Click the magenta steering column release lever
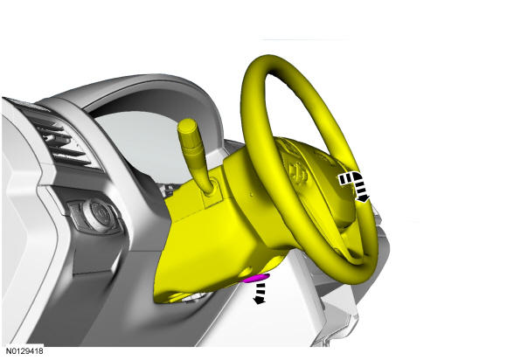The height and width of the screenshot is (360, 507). click(x=257, y=278)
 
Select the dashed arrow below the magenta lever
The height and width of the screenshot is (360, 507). click(x=260, y=293)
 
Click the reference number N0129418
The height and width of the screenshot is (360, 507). click(x=24, y=351)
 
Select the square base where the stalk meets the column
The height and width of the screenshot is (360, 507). click(x=212, y=193)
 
